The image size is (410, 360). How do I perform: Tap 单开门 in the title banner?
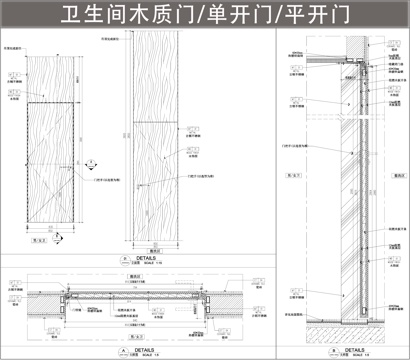pos(234,16)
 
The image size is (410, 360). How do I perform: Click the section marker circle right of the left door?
pos(91,160)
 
